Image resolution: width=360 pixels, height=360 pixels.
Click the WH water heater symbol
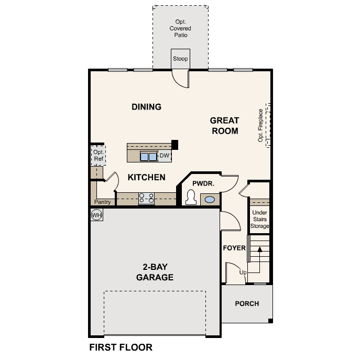96,215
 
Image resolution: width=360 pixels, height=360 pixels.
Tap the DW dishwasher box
165,156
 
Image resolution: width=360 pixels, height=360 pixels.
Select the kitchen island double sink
148,157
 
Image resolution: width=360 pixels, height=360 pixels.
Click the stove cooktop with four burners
147,199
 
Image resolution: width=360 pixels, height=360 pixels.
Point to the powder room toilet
191,197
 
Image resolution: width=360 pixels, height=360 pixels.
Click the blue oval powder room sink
210,200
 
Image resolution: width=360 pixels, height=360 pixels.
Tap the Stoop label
180,59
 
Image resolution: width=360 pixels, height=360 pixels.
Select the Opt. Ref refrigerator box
99,155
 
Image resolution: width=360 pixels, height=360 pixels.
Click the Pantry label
102,202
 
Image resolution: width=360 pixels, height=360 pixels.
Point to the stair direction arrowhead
260,249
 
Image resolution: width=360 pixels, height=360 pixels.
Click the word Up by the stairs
243,272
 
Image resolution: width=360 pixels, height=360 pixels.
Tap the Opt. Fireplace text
260,125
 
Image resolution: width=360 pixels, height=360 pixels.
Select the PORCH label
247,303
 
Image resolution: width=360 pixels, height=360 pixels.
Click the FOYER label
234,248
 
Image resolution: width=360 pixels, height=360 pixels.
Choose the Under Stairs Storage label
260,219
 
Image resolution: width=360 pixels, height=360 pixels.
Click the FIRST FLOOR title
121,347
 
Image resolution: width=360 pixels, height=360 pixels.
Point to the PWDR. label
203,183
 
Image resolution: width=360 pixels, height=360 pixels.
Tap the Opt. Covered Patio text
180,28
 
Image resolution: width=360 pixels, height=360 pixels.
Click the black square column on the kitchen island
175,145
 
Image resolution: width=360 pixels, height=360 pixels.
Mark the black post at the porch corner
270,321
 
